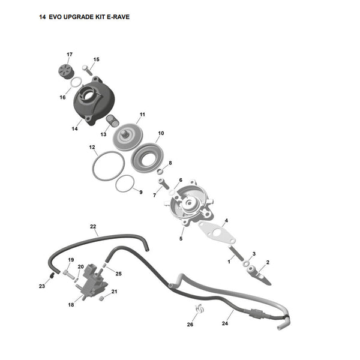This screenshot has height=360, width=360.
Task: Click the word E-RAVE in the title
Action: (118, 17)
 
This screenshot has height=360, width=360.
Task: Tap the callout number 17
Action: (70, 55)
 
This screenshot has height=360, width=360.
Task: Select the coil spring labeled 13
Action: (113, 121)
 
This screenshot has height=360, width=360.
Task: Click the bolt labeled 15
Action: (87, 70)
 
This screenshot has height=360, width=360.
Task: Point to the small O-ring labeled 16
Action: (76, 82)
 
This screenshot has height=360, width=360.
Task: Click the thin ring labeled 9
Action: (125, 184)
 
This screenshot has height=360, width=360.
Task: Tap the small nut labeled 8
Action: (160, 171)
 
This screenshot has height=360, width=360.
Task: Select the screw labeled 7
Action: (163, 184)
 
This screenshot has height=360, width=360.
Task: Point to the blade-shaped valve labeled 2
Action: (259, 275)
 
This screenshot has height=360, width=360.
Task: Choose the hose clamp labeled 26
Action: (200, 308)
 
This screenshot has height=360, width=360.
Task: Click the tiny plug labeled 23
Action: (52, 275)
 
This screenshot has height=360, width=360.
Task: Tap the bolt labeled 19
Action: (68, 274)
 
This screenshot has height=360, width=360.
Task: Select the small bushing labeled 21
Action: (101, 298)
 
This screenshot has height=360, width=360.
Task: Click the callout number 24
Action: (225, 323)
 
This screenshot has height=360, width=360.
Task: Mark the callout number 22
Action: (93, 226)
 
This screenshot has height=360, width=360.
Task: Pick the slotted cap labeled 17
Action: (65, 71)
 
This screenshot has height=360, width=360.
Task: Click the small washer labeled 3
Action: (245, 263)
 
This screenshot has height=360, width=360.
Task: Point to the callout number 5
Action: (181, 239)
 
